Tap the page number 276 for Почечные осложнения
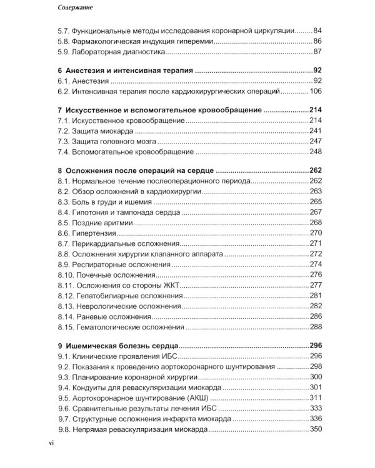315,274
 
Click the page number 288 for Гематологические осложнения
315,326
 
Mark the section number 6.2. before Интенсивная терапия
64,91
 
